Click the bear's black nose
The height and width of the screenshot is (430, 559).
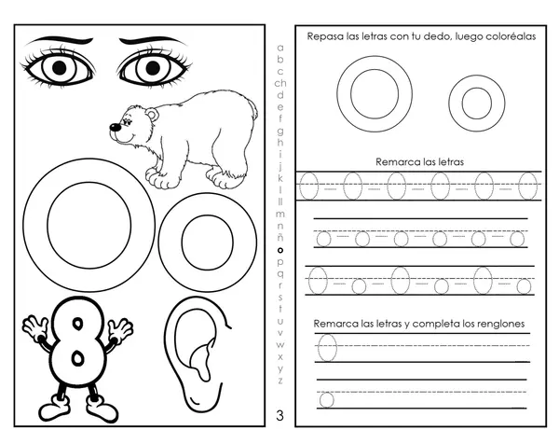(x=115, y=127)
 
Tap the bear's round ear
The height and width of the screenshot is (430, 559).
(x=152, y=115)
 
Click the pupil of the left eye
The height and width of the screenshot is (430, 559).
(x=60, y=68)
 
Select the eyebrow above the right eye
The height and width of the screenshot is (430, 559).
(x=153, y=41)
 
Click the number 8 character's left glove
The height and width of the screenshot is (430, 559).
(x=34, y=326)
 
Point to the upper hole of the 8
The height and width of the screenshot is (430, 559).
(x=77, y=324)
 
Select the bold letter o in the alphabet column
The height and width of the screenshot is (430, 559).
(x=280, y=251)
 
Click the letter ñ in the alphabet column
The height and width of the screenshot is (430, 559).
(x=280, y=237)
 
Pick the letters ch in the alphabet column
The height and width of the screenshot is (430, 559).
(x=280, y=83)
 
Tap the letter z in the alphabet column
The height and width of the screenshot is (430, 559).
(x=280, y=381)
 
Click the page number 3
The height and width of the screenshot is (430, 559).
(x=279, y=416)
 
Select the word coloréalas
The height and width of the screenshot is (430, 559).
(x=510, y=36)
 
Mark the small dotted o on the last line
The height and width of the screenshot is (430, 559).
(x=326, y=399)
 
